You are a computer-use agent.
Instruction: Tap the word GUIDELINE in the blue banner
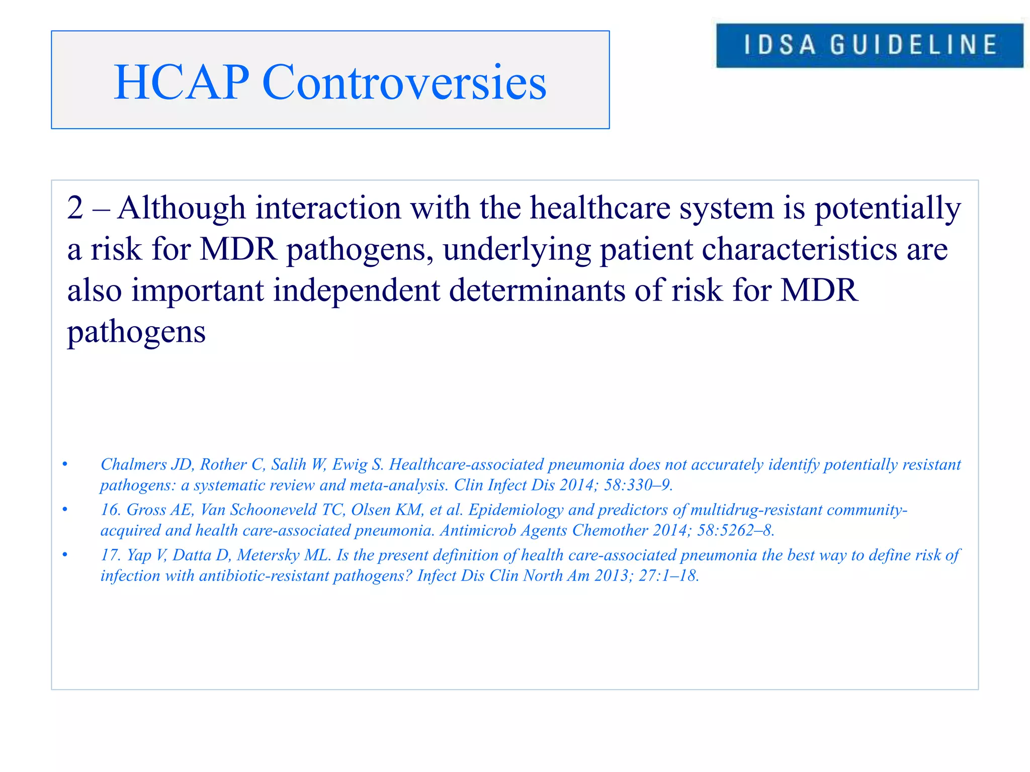click(x=913, y=45)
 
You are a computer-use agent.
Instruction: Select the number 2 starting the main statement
click(x=75, y=208)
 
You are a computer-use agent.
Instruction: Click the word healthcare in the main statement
click(x=600, y=208)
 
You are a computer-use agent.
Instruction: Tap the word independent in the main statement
click(x=356, y=291)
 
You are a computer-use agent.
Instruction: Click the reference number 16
click(x=110, y=510)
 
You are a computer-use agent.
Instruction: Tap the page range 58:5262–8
click(x=735, y=530)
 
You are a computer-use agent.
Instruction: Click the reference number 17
click(x=110, y=555)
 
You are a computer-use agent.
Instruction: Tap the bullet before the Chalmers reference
click(x=65, y=464)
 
